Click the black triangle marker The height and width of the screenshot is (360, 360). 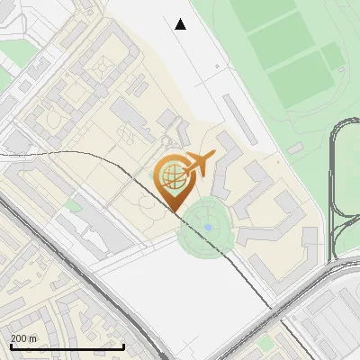coord(181,24)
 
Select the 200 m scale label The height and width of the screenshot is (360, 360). coord(23,338)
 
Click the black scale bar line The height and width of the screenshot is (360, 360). coord(67,346)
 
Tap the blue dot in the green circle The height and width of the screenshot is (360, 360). coord(208,227)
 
